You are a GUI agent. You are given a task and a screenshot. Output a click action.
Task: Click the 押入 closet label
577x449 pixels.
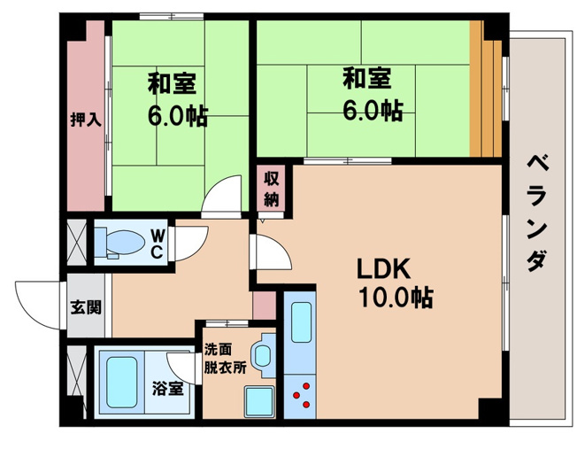[x=86, y=120]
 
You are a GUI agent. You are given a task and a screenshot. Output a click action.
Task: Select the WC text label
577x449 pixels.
[x=157, y=243]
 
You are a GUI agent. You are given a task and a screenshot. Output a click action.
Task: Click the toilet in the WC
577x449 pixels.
[x=119, y=242]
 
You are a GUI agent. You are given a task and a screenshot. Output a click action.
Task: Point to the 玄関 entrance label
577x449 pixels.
[x=86, y=306]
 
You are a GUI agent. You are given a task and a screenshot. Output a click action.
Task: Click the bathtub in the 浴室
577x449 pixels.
[x=121, y=382]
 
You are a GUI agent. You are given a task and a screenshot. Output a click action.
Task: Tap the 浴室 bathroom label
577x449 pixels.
[x=168, y=389]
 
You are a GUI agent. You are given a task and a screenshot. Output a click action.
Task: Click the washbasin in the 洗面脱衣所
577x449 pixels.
[x=263, y=355]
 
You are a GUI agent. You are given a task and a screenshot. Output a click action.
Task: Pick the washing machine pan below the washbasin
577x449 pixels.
[x=260, y=401]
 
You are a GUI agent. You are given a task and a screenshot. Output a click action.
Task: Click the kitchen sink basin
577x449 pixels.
[x=302, y=322]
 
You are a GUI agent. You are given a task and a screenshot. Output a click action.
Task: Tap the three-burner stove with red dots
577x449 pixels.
[x=300, y=397]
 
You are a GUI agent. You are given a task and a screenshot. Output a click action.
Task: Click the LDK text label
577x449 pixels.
[x=383, y=269]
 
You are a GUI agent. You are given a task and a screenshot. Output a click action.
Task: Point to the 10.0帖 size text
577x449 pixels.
[x=396, y=297]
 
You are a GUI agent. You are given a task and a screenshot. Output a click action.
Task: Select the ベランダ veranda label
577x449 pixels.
[x=538, y=213]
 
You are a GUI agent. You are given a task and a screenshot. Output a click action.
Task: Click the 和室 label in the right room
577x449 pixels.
[x=366, y=78]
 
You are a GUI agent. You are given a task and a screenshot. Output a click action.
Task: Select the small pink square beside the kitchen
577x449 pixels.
[x=265, y=306]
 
